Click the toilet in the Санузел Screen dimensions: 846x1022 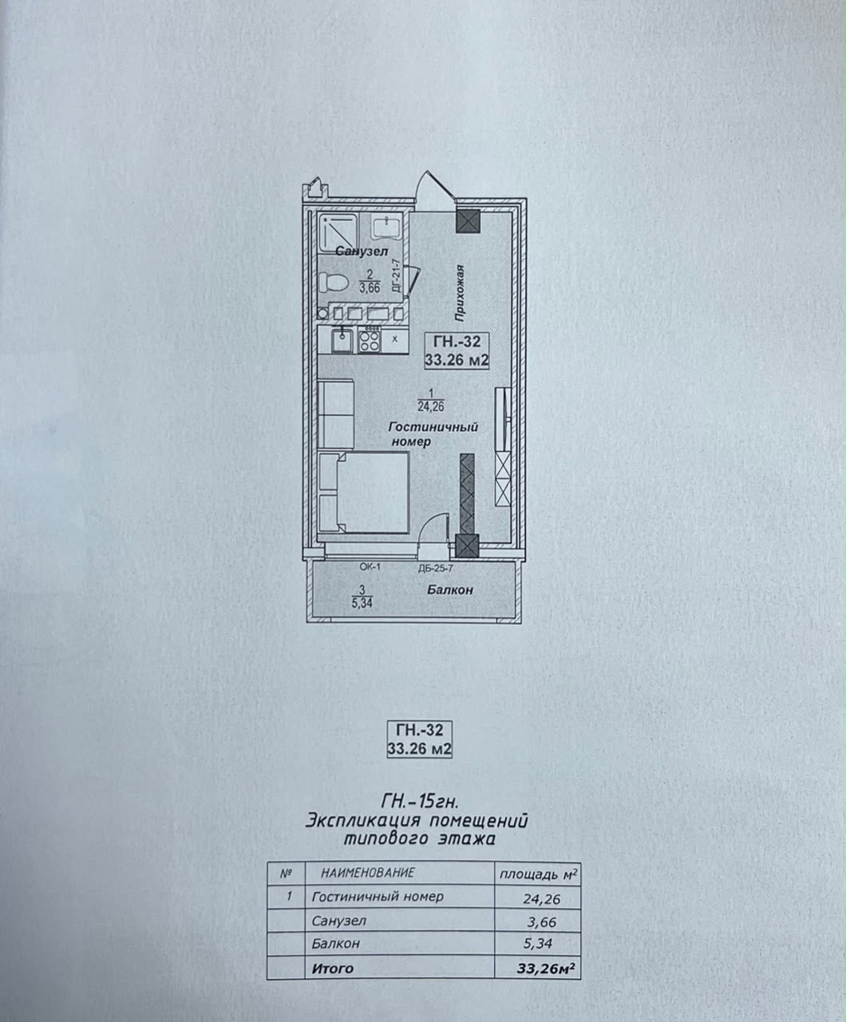[x=333, y=283]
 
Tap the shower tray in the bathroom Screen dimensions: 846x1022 [x=338, y=232]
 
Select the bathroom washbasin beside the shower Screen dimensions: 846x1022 [x=386, y=227]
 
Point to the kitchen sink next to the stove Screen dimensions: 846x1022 [x=342, y=341]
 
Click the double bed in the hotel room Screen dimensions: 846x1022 [x=364, y=493]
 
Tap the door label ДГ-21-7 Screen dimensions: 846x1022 [x=397, y=275]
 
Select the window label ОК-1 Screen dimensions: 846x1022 [x=370, y=567]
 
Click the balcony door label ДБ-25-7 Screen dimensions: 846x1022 [x=435, y=568]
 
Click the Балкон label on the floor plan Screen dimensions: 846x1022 [x=449, y=590]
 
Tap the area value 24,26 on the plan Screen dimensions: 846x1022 [x=431, y=406]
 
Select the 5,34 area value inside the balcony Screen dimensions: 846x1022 [x=362, y=603]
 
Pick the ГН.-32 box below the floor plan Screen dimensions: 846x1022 [x=419, y=739]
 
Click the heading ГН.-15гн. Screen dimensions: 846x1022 [x=419, y=802]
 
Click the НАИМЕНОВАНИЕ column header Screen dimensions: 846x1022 [x=367, y=872]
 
